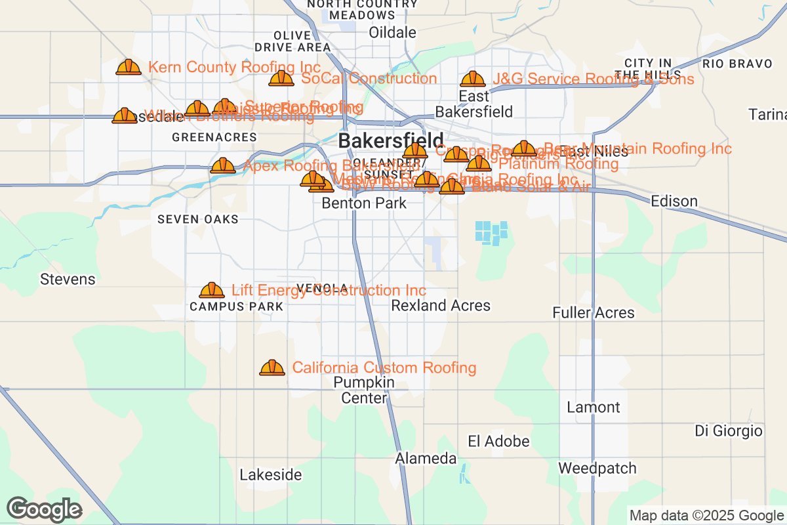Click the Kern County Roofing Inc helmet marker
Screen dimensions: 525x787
(129, 67)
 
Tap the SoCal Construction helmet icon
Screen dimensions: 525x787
(281, 79)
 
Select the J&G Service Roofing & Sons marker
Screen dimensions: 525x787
(473, 79)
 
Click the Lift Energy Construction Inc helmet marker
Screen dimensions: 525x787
(211, 290)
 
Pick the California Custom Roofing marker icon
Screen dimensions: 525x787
(272, 367)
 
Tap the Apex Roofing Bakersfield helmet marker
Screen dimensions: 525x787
(223, 165)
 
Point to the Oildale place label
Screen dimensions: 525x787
(392, 32)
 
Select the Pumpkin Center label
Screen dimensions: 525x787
(364, 390)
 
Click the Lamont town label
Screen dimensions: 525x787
(593, 408)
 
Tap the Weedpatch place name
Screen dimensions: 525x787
(597, 469)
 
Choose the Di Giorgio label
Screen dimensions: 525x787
(729, 431)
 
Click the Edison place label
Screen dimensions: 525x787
(674, 201)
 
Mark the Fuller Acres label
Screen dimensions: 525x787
(594, 313)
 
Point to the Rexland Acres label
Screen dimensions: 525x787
(441, 306)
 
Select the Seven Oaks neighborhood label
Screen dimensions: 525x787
(198, 219)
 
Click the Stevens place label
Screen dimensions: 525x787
(68, 280)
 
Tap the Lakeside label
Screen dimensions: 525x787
(271, 474)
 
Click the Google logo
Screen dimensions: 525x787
(45, 509)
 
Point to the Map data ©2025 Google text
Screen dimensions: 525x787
(706, 515)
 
